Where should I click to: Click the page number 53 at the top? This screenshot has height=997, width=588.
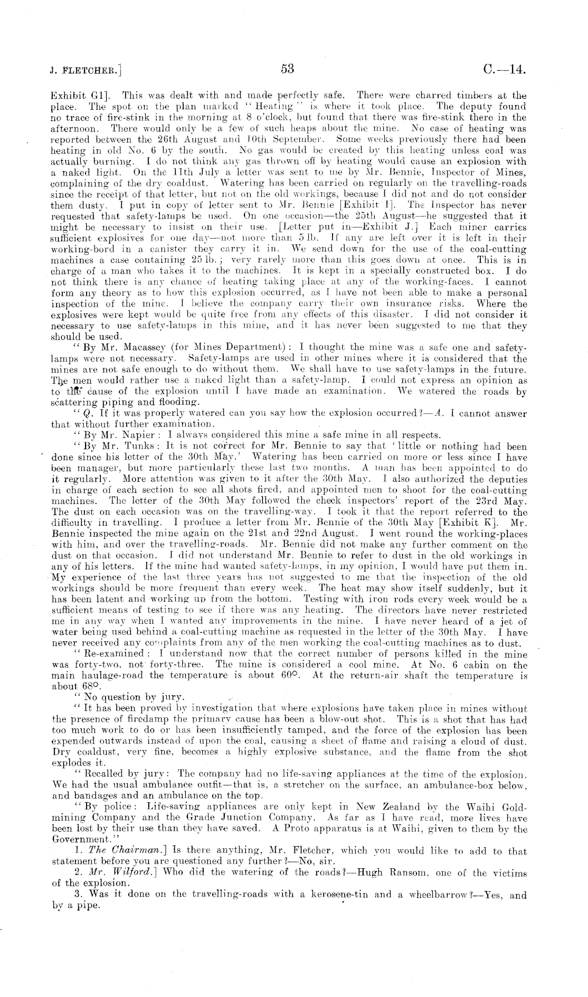point(288,69)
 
